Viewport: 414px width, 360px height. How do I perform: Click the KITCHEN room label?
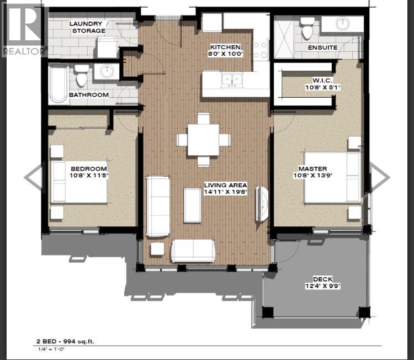(x=228, y=47)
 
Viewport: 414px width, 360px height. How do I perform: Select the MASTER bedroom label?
(x=312, y=168)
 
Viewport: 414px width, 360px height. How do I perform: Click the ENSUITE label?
(x=323, y=47)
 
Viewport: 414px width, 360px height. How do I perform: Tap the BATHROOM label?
(x=88, y=95)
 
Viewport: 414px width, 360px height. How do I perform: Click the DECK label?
(x=315, y=279)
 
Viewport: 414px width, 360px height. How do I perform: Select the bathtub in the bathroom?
(x=58, y=84)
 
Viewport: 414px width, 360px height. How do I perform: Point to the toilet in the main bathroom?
(x=82, y=76)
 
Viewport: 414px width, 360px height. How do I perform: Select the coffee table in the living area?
(x=193, y=205)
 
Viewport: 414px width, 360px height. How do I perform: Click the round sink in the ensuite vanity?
(x=343, y=24)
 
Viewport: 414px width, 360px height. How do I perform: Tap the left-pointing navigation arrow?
(x=34, y=177)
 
